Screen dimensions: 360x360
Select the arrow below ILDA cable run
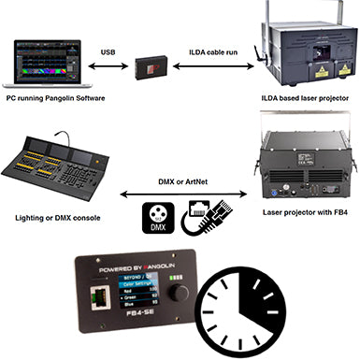tap(214, 67)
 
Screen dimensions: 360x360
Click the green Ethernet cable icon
tap(205, 216)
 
